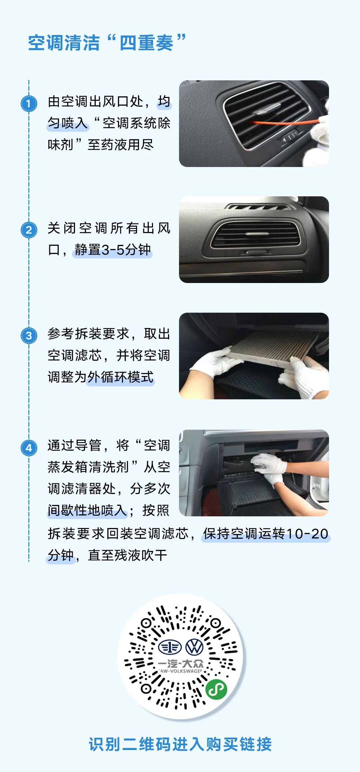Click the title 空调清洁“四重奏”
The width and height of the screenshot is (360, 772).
pyautogui.click(x=107, y=43)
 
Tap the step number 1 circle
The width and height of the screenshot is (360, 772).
pyautogui.click(x=29, y=104)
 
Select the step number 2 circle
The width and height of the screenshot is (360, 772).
pyautogui.click(x=29, y=230)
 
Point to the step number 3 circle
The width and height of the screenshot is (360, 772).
pyautogui.click(x=29, y=335)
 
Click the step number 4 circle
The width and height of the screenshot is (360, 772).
pyautogui.click(x=29, y=448)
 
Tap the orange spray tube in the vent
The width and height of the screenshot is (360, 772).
pyautogui.click(x=283, y=123)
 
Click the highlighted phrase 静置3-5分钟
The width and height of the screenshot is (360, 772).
pyautogui.click(x=113, y=250)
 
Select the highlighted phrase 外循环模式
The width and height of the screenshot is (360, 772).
pyautogui.click(x=120, y=377)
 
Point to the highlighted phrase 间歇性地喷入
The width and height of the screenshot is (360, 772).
pyautogui.click(x=87, y=510)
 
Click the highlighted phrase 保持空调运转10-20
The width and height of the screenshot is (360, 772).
pyautogui.click(x=266, y=534)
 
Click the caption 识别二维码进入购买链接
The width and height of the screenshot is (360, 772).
pyautogui.click(x=180, y=744)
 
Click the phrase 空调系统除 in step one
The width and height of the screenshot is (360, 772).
pyautogui.click(x=136, y=123)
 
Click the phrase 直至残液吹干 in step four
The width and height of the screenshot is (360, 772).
pyautogui.click(x=127, y=555)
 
